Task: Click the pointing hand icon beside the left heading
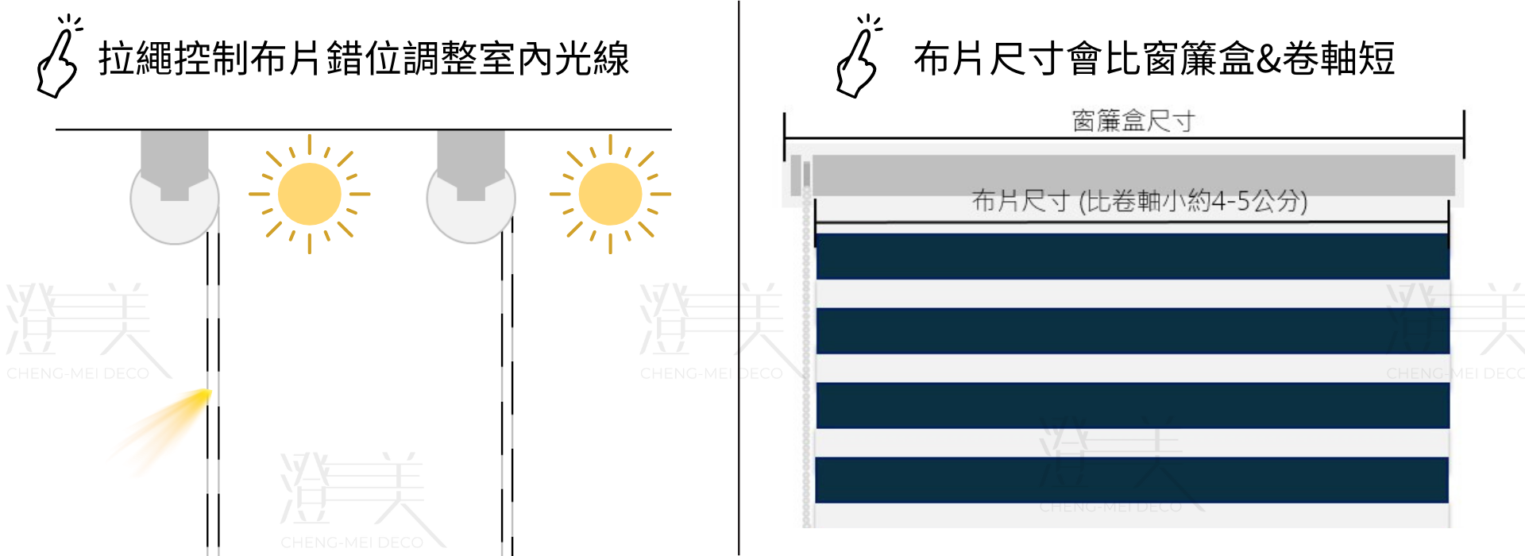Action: coord(57,64)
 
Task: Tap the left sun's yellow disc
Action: coord(309,194)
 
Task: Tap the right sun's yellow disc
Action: coord(610,194)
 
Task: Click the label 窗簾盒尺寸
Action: coord(1133,122)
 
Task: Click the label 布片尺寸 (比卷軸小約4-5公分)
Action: coord(1140,201)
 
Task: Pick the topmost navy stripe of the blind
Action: coord(1133,256)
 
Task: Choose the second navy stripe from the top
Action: coord(1133,330)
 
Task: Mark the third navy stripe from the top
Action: coord(1133,405)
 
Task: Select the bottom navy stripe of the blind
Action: coord(1133,480)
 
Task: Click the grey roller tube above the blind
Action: coord(1133,175)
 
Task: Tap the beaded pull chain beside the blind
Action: coord(807,357)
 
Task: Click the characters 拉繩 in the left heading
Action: coord(136,59)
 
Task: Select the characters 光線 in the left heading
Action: coord(592,59)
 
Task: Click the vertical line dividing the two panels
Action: coord(739,278)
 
